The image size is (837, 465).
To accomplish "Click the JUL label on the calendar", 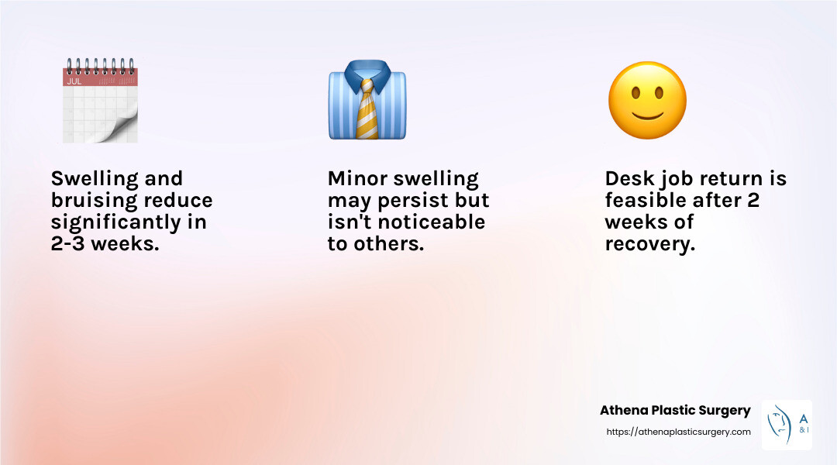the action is point(74,81).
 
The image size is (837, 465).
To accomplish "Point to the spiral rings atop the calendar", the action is point(100,66).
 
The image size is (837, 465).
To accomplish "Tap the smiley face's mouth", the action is point(647,115).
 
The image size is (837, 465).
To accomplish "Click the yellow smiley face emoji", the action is point(647,101).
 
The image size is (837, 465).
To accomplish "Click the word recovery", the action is point(650,244).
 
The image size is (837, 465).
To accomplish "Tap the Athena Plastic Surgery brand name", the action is point(675,411).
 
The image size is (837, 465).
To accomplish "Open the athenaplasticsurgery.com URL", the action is point(678,432).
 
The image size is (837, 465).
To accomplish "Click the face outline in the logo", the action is point(780,425).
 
